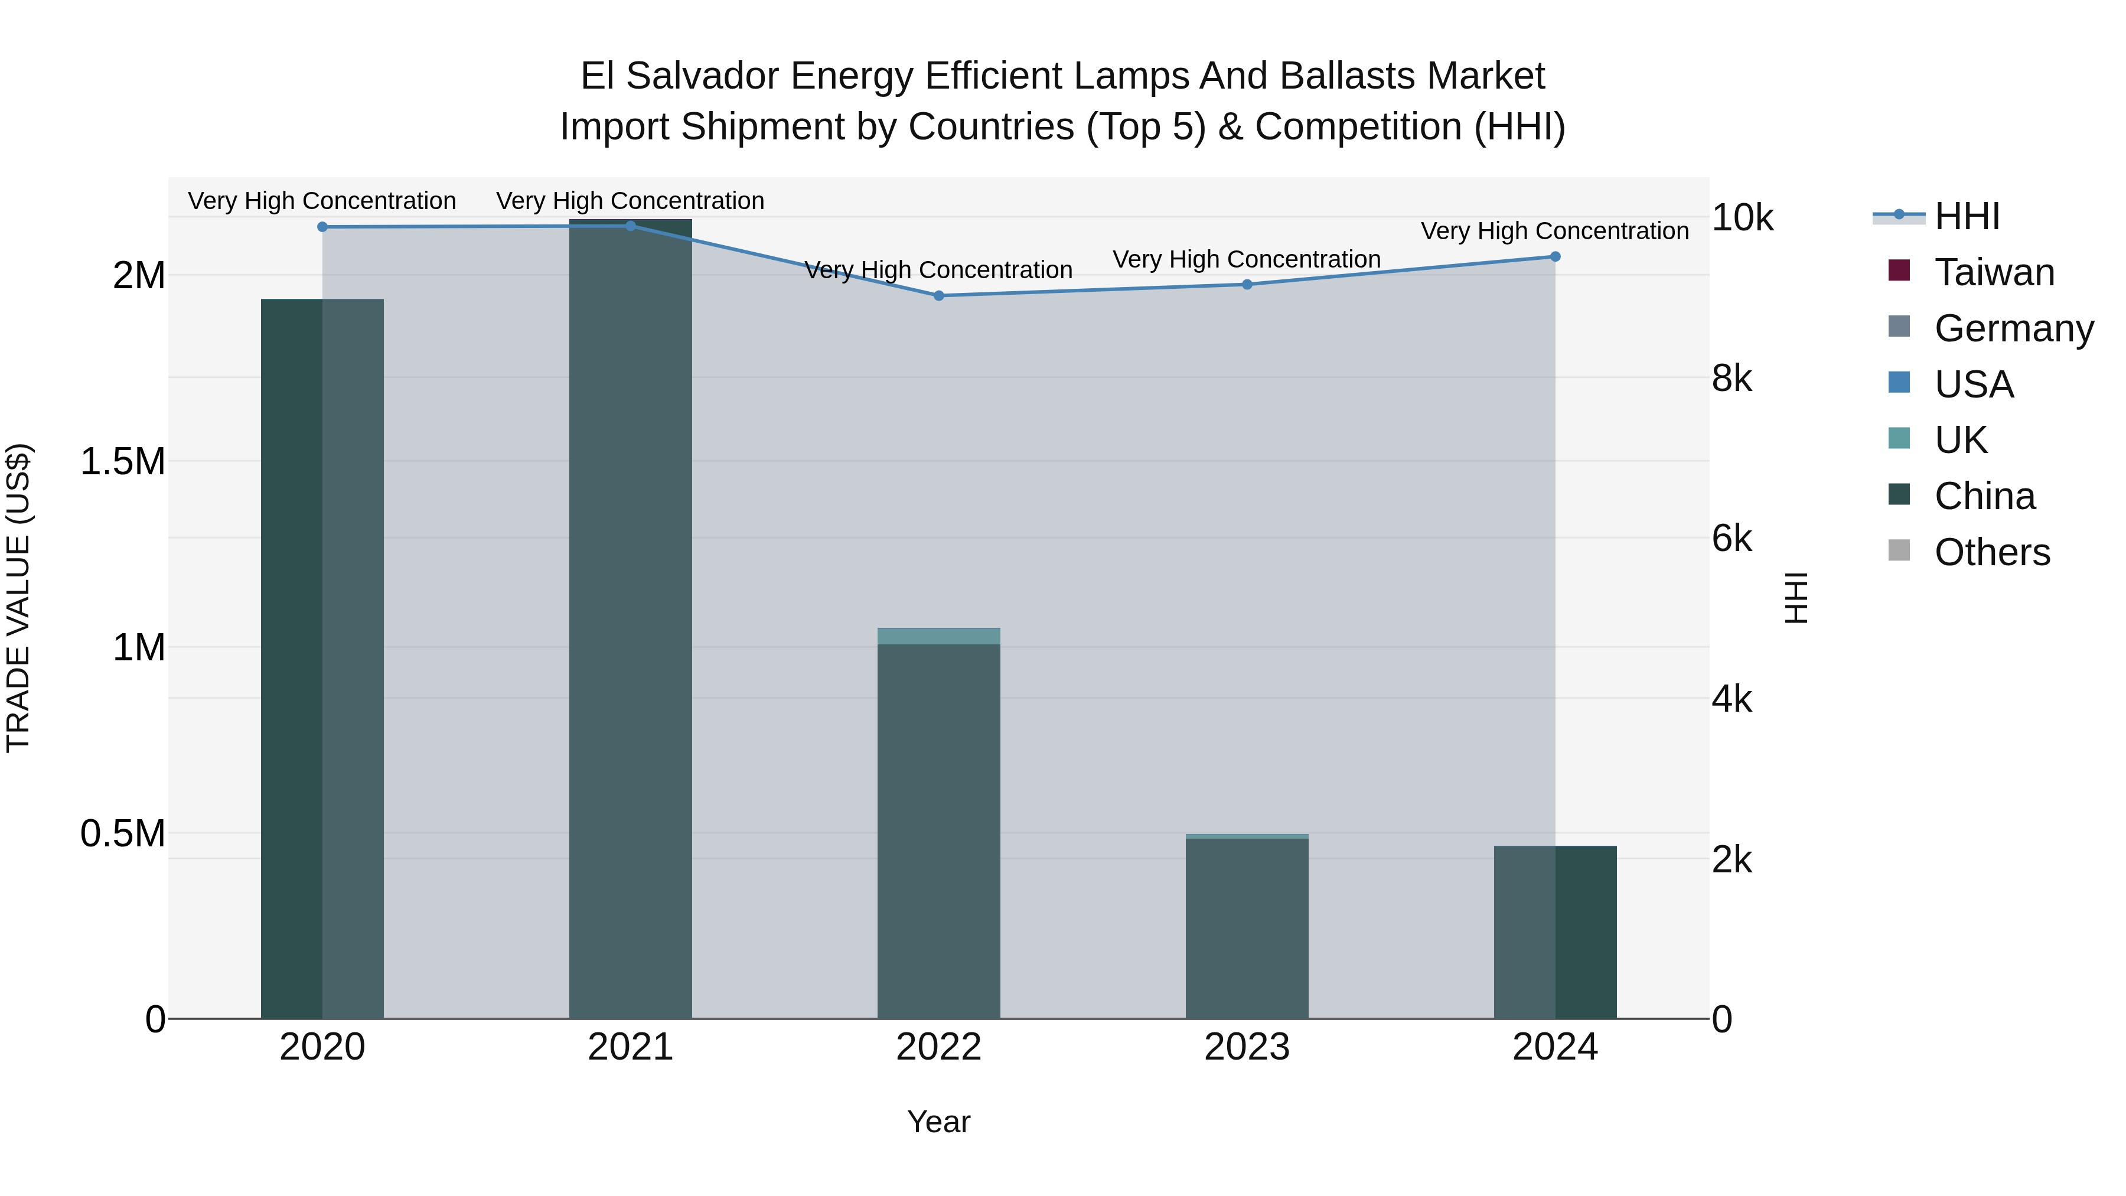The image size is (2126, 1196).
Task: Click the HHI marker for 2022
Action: (x=938, y=295)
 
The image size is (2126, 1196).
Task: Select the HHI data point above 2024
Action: (x=1555, y=257)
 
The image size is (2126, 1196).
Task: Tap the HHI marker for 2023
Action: (x=1247, y=285)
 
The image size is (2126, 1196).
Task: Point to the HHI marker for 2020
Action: (x=322, y=227)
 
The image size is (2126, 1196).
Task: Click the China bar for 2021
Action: (x=631, y=619)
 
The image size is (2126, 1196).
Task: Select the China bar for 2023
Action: (x=1247, y=928)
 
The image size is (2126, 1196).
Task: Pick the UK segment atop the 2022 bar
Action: (x=938, y=636)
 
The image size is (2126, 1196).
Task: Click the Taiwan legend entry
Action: (x=1994, y=272)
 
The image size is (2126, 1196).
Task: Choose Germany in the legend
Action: (x=2013, y=328)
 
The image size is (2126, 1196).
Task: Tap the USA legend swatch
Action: (x=1899, y=383)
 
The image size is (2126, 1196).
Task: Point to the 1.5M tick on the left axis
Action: (x=122, y=461)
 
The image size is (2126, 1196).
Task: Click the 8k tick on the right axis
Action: (x=1732, y=379)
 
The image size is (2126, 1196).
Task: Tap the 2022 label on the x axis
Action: (x=938, y=1047)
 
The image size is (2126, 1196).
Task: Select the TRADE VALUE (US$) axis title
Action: (x=18, y=598)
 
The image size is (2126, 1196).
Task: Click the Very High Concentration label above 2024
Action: (x=1554, y=231)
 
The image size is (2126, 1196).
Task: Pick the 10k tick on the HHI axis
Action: (x=1742, y=218)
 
